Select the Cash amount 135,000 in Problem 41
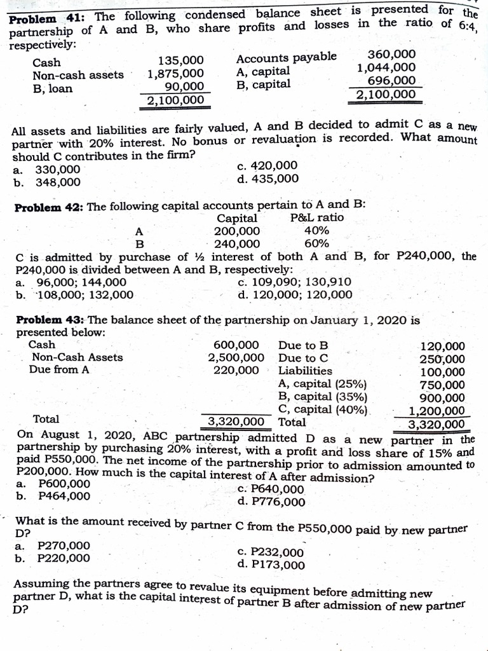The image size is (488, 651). [180, 61]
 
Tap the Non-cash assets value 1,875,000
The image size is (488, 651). [176, 74]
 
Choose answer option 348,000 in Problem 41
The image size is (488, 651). [57, 182]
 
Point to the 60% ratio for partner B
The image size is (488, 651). [316, 243]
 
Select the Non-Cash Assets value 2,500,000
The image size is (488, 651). [236, 357]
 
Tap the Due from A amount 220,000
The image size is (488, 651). [236, 370]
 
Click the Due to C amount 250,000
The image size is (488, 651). [442, 359]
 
